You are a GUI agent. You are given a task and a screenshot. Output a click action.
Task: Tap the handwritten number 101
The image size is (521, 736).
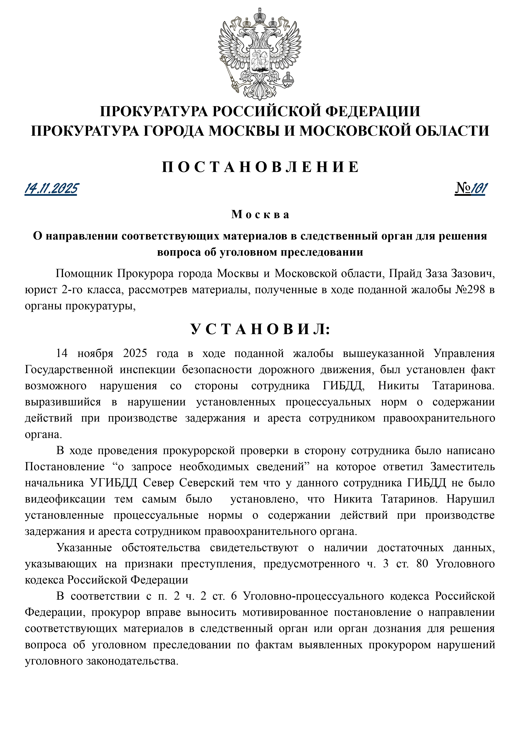(479, 188)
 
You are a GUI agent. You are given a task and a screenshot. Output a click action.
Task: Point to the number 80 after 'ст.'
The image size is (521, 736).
(422, 564)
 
